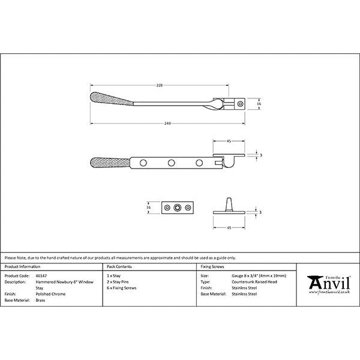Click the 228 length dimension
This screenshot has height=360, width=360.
point(158,85)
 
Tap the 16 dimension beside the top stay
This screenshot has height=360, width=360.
point(259,103)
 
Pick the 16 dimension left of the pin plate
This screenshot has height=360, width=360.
point(148,207)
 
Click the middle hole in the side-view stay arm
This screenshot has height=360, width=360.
point(171,162)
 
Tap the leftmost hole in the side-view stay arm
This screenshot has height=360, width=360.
point(143,162)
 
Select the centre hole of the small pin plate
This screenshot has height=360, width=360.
point(178,208)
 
